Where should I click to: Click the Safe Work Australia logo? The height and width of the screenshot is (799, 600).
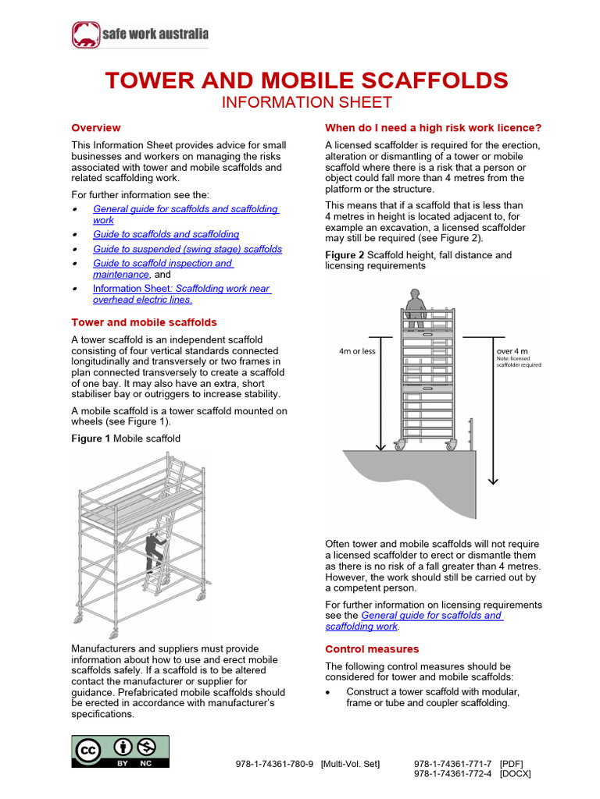tap(141, 34)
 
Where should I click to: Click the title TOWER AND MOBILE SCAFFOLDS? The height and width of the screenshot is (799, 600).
tap(306, 80)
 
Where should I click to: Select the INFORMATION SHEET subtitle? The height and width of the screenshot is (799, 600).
tap(306, 103)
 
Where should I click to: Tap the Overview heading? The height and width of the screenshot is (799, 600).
tap(96, 127)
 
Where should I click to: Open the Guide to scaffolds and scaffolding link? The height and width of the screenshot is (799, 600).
tap(166, 234)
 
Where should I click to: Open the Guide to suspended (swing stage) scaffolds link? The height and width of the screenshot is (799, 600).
tap(187, 249)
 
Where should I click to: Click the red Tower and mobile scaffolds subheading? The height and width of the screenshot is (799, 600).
tap(144, 322)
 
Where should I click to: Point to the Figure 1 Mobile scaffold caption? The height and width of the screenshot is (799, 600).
tap(126, 439)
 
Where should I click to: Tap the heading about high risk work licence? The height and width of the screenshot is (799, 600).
tap(434, 127)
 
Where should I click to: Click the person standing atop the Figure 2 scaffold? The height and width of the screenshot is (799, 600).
tap(414, 308)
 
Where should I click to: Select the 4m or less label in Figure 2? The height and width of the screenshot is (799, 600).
tap(357, 351)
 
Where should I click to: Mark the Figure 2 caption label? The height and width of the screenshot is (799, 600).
tap(345, 255)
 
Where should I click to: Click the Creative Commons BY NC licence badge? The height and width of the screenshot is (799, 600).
tap(120, 751)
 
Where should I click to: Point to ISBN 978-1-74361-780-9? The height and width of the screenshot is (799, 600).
tap(274, 764)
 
